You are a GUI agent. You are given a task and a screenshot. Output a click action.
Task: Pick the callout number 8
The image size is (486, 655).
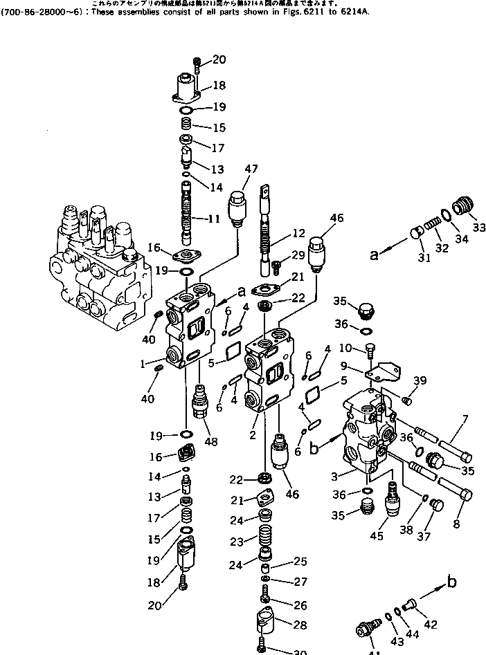tap(456, 524)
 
